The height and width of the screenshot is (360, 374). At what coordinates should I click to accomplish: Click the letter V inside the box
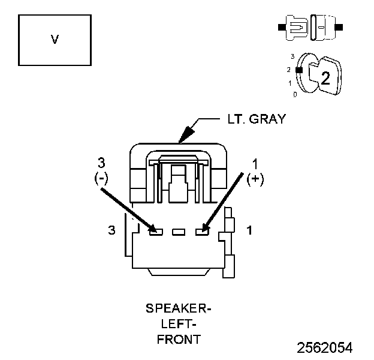tap(55, 40)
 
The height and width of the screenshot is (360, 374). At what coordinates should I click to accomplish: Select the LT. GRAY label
tap(257, 119)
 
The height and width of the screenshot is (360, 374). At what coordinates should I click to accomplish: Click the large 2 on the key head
tap(325, 78)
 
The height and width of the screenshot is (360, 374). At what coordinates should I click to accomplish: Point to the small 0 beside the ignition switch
tap(295, 95)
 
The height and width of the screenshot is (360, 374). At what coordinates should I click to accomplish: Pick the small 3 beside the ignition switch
tap(292, 56)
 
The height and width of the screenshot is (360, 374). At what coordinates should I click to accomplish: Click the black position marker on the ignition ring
tap(299, 70)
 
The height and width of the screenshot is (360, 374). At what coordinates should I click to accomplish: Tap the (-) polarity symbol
tap(101, 178)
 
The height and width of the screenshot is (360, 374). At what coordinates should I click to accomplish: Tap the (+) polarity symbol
tap(255, 179)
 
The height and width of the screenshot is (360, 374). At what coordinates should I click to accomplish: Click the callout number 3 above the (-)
tap(101, 163)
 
